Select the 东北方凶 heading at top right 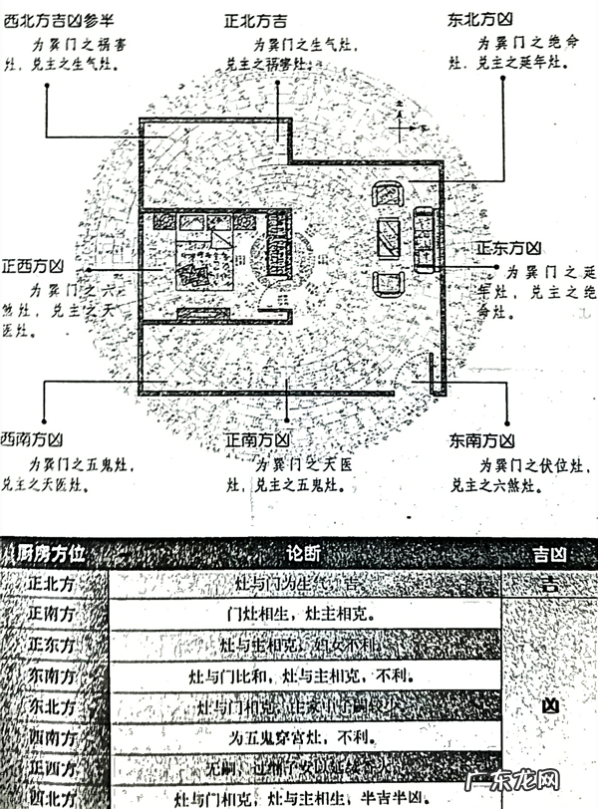pyautogui.click(x=480, y=19)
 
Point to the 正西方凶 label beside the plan pyautogui.click(x=33, y=267)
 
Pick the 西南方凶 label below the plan pyautogui.click(x=33, y=439)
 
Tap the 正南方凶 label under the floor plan pyautogui.click(x=256, y=439)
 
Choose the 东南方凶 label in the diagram pyautogui.click(x=480, y=439)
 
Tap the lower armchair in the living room pyautogui.click(x=388, y=282)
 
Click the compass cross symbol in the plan pyautogui.click(x=400, y=124)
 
